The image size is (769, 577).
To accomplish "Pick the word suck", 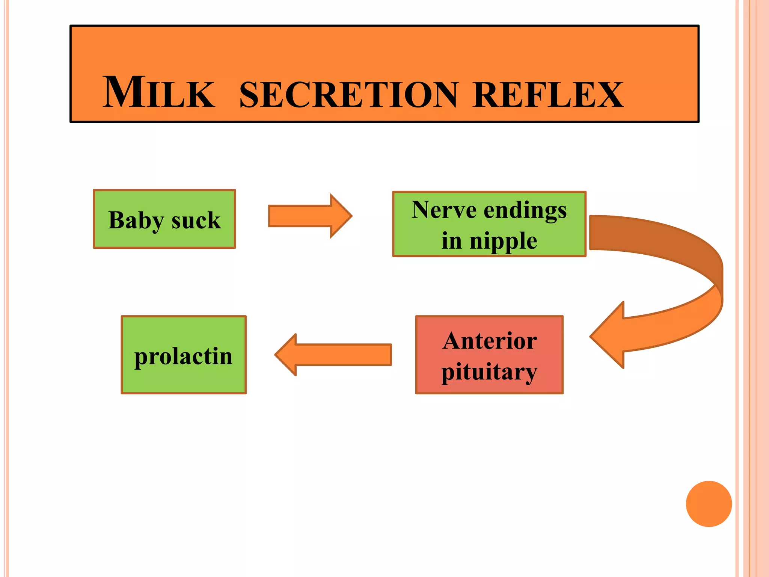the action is tap(196, 221).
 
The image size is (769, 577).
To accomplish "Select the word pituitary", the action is tap(489, 373).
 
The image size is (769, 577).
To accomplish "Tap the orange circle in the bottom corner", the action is tap(709, 504).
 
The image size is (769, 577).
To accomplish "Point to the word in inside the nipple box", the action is tap(451, 241).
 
